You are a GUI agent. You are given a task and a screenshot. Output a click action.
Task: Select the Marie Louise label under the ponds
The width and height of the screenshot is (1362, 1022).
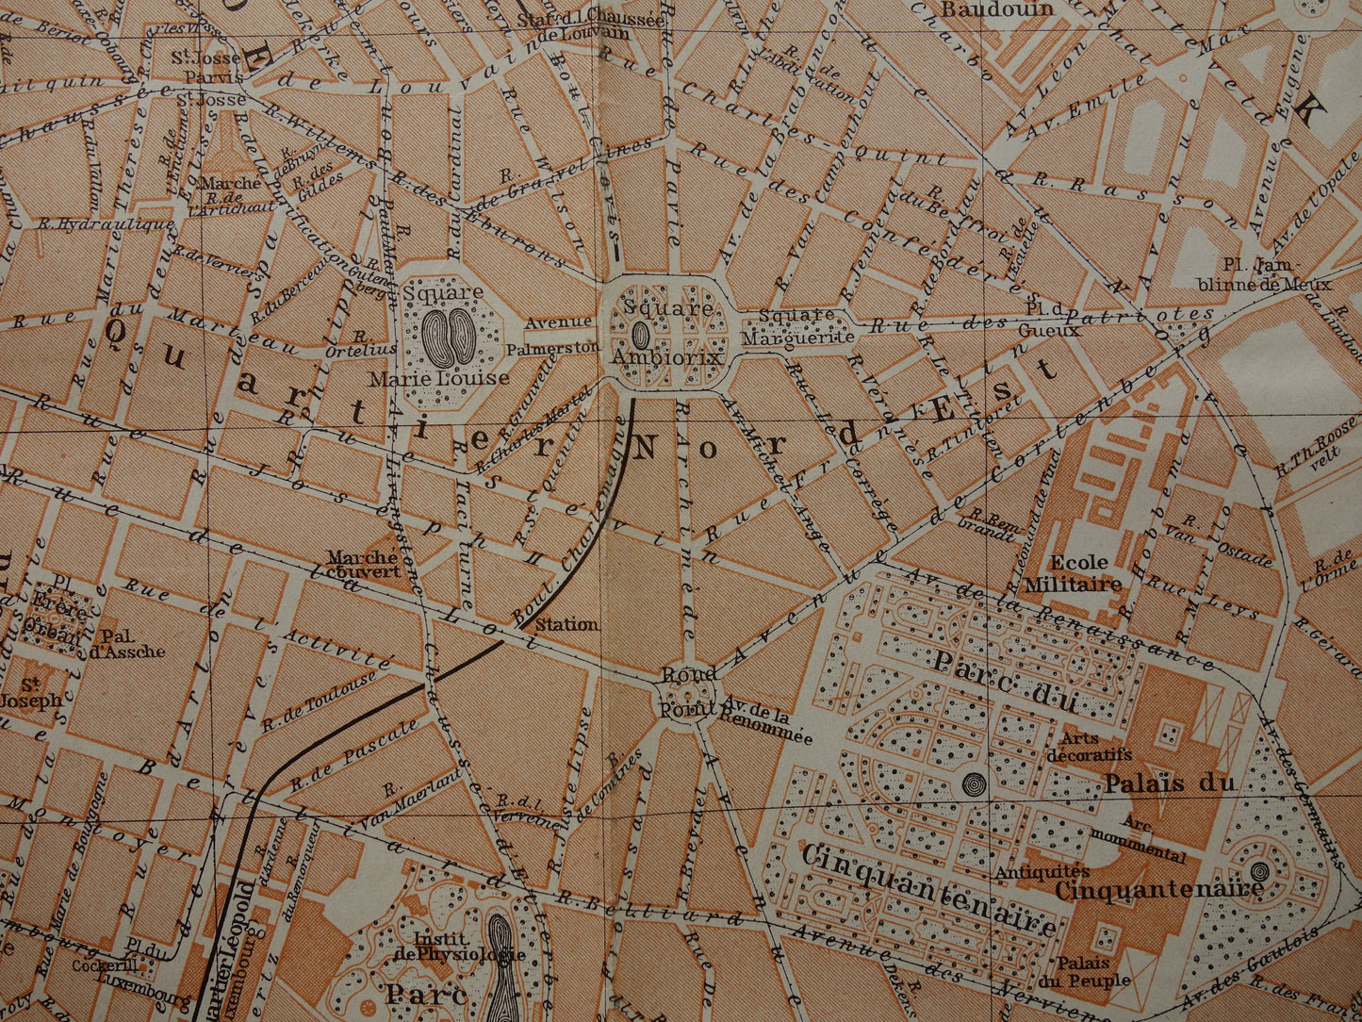439,378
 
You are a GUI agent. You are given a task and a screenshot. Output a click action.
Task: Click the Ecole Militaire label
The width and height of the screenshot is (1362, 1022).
1073,573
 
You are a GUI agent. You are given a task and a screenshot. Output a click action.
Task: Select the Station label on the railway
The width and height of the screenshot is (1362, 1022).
566,624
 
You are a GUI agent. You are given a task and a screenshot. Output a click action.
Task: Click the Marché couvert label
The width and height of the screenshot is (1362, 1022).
364,564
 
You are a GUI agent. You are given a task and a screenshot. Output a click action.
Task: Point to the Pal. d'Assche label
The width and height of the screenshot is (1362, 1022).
132,643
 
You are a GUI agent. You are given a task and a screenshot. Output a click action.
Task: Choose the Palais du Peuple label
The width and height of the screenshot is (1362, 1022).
1093,972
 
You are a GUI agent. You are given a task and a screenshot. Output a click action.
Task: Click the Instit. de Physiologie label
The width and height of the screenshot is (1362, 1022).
468,947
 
